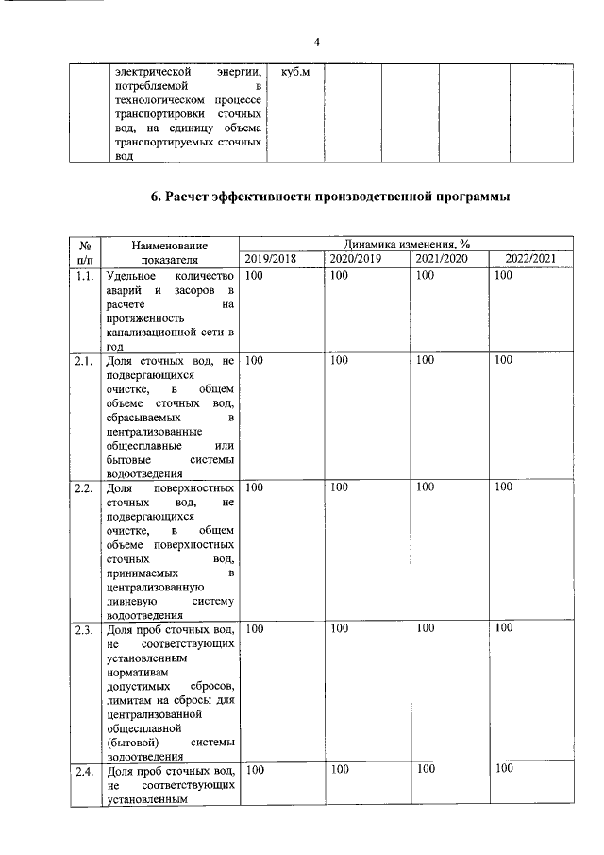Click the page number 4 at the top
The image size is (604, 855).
click(316, 42)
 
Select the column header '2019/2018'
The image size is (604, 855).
click(270, 259)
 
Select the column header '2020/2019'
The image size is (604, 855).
click(356, 259)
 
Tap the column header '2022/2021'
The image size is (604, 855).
click(530, 259)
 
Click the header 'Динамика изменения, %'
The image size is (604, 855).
click(407, 244)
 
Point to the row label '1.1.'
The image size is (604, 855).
click(84, 275)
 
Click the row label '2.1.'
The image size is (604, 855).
click(84, 361)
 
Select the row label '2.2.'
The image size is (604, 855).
click(84, 487)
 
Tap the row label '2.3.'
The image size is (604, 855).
click(84, 628)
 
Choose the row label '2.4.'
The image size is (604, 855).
click(84, 770)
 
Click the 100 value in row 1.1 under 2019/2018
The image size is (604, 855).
click(255, 275)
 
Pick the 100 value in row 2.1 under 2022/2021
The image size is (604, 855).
click(504, 361)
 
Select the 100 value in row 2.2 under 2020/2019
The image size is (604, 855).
click(341, 487)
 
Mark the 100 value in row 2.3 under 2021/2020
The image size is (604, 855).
click(426, 628)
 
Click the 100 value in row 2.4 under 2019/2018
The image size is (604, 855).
click(255, 770)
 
